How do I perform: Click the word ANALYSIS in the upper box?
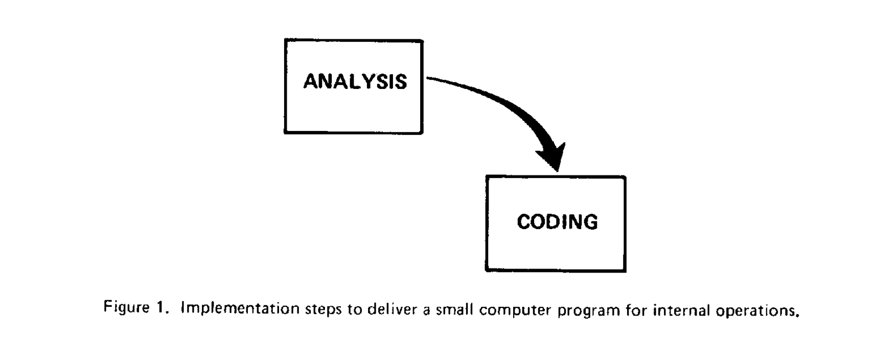point(355,82)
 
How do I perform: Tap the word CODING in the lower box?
point(557,221)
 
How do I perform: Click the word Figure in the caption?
point(127,308)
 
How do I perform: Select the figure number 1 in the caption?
point(162,308)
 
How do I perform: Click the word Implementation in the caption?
point(240,308)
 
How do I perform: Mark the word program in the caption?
point(589,311)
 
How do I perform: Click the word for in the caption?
point(636,310)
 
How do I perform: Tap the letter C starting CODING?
point(524,221)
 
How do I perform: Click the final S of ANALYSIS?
point(400,82)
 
